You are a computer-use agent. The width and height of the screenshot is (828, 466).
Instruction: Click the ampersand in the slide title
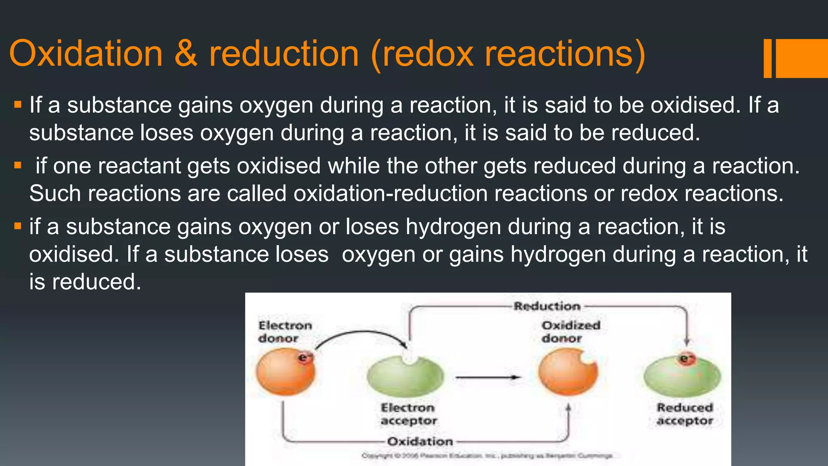pyautogui.click(x=186, y=54)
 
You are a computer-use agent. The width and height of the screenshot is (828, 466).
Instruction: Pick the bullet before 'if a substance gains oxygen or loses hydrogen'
pyautogui.click(x=17, y=226)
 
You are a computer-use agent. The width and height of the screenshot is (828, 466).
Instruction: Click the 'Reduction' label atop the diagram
pyautogui.click(x=547, y=306)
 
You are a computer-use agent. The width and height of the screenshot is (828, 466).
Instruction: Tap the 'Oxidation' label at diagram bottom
pyautogui.click(x=420, y=441)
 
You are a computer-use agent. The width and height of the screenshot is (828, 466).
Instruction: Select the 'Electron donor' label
pyautogui.click(x=285, y=332)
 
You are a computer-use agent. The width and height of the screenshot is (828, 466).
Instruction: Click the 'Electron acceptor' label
pyautogui.click(x=408, y=414)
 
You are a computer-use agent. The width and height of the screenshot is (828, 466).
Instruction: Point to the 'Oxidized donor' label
pyautogui.click(x=571, y=332)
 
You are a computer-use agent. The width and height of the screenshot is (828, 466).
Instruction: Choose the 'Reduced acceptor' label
pyautogui.click(x=685, y=414)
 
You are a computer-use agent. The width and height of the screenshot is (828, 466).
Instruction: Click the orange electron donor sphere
pyautogui.click(x=285, y=373)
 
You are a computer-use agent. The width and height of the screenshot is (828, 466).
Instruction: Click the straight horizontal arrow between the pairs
pyautogui.click(x=488, y=377)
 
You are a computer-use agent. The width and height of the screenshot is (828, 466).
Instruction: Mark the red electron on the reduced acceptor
pyautogui.click(x=686, y=359)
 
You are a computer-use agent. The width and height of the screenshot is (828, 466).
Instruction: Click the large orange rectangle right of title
pyautogui.click(x=802, y=58)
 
